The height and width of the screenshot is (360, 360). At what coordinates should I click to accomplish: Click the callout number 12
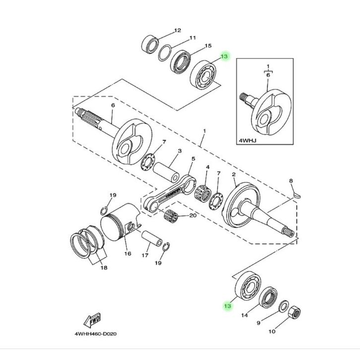coord(178,31)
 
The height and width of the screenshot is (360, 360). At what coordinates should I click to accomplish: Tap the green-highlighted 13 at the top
coord(224,57)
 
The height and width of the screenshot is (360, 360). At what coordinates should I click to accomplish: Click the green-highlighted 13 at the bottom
coord(228,306)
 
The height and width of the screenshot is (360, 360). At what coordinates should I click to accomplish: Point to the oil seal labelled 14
coord(269,298)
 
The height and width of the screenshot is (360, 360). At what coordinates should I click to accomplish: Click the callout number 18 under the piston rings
coord(104,268)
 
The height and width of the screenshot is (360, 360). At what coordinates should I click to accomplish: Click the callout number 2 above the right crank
coord(234,175)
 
